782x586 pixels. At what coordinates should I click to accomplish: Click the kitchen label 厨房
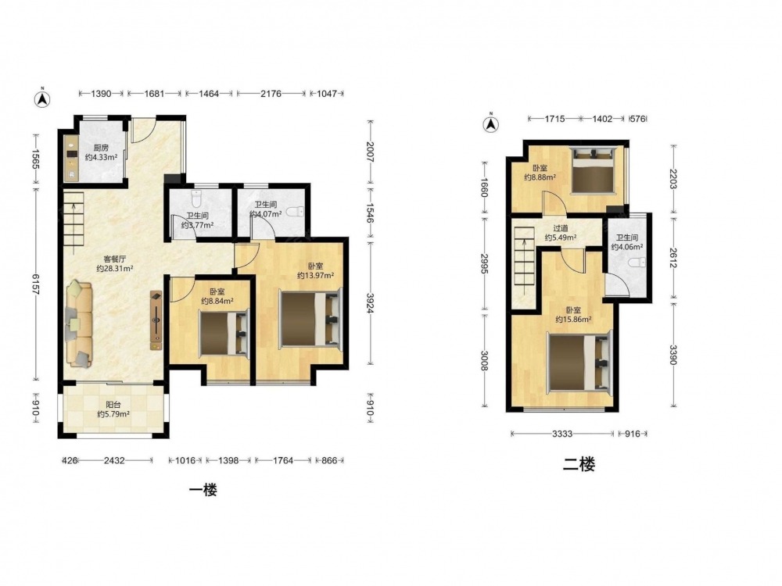click(101, 148)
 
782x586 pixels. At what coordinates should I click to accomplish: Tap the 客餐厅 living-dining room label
click(115, 259)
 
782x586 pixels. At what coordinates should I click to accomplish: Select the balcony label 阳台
click(113, 405)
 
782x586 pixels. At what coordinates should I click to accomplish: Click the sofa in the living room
click(79, 324)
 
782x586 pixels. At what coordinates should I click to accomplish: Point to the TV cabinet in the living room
click(156, 320)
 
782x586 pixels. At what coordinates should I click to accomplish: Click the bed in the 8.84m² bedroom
click(224, 334)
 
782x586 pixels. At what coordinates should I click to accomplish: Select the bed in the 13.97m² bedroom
click(311, 319)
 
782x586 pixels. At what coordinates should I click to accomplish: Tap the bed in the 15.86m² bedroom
click(579, 363)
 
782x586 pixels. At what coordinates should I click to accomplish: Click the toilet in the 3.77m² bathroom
click(196, 200)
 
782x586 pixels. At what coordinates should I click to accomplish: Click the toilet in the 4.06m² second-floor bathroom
click(637, 262)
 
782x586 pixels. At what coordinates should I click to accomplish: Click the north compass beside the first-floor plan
click(42, 98)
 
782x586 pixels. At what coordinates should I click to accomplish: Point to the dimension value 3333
click(562, 434)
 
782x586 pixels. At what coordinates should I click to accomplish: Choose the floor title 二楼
click(579, 465)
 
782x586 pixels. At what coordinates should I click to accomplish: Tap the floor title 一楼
click(203, 491)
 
